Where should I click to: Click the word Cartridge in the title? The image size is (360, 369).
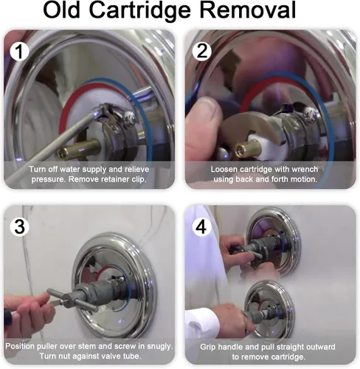[x=140, y=10]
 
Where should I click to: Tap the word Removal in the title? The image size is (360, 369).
[x=248, y=10]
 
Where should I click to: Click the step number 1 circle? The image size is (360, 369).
[x=20, y=51]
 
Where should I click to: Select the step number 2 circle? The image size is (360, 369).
[x=202, y=51]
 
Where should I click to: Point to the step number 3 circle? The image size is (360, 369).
[x=20, y=227]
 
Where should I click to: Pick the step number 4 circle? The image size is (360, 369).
[x=201, y=227]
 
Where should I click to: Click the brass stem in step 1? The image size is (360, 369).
[x=79, y=149]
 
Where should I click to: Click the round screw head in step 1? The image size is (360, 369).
[x=129, y=117]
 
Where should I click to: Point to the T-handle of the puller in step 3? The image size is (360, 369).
[x=72, y=300]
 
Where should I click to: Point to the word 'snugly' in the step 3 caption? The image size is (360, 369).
[x=160, y=347]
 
